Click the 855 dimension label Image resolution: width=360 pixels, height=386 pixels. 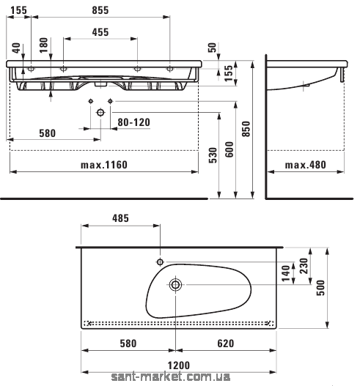pyautogui.click(x=100, y=10)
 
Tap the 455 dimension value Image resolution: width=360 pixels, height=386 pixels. pyautogui.click(x=100, y=32)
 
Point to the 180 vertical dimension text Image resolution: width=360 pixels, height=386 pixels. pyautogui.click(x=43, y=45)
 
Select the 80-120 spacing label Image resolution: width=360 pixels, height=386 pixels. pyautogui.click(x=133, y=122)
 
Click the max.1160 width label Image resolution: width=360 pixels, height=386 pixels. pyautogui.click(x=104, y=165)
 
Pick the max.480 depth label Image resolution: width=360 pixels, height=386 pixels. pyautogui.click(x=306, y=165)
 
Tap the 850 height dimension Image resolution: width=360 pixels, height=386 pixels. pyautogui.click(x=246, y=129)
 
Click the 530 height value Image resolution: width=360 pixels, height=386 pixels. pyautogui.click(x=213, y=155)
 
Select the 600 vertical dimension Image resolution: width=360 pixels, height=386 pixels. pyautogui.click(x=229, y=149)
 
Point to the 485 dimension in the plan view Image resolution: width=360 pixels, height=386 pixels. pyautogui.click(x=120, y=218)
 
